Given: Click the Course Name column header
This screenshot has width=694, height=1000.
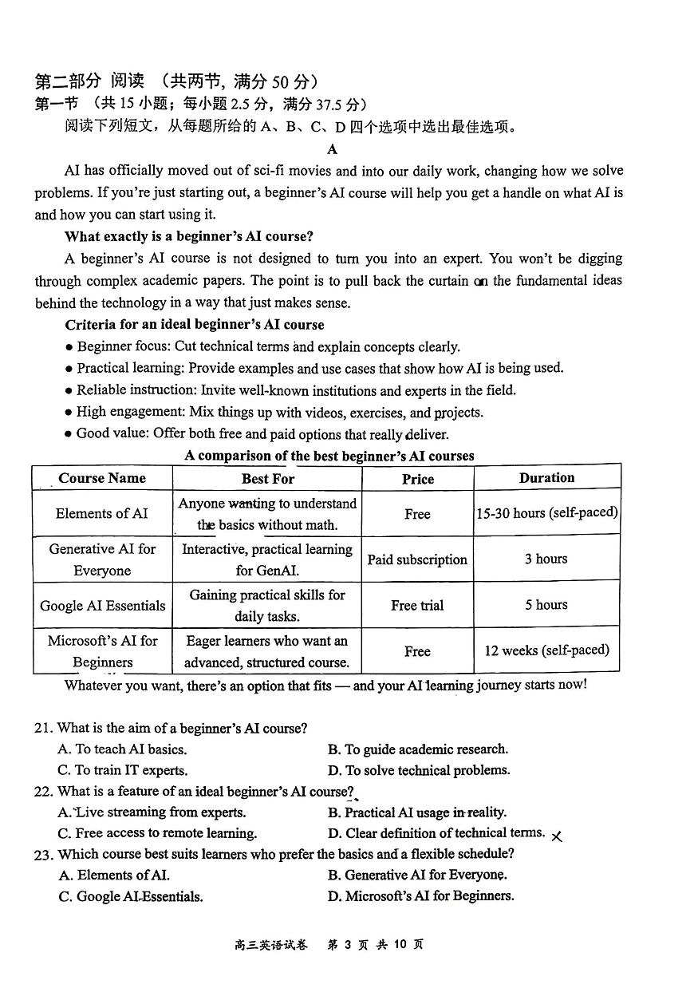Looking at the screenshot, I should coord(102,478).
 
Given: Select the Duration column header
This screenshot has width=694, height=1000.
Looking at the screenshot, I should coord(546,477).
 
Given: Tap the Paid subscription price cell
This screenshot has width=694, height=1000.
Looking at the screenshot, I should coord(417,559).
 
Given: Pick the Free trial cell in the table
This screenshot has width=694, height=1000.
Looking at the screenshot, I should coord(417,605).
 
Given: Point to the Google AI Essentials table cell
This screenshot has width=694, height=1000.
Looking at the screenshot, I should coord(102,605).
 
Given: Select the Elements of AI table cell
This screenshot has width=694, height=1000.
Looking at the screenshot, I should coord(102,513).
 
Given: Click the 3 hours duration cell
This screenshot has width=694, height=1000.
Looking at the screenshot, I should coord(546,559).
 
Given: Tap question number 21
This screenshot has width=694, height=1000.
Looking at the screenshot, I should coord(43,728).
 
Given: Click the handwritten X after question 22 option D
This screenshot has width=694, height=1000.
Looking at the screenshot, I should coord(557,836).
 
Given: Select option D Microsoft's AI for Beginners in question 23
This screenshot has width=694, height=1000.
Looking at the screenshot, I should coord(420,895).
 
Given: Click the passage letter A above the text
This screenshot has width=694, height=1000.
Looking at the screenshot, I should coord(332,149).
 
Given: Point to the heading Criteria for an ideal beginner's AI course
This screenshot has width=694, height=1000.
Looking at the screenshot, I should coord(195,325).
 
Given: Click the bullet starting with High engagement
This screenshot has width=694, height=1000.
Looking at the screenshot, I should coord(279,413).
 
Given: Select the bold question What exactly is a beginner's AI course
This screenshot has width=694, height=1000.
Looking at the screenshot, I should coord(189,236).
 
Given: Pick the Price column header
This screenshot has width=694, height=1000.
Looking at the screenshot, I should coord(417,479).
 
